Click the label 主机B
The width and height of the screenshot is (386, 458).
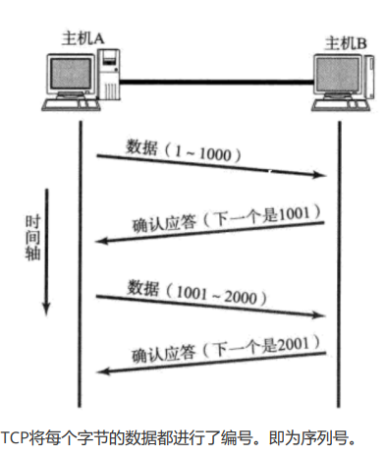click(x=347, y=43)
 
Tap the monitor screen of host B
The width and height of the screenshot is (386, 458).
click(x=331, y=79)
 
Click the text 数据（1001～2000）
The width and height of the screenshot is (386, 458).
click(x=196, y=290)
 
